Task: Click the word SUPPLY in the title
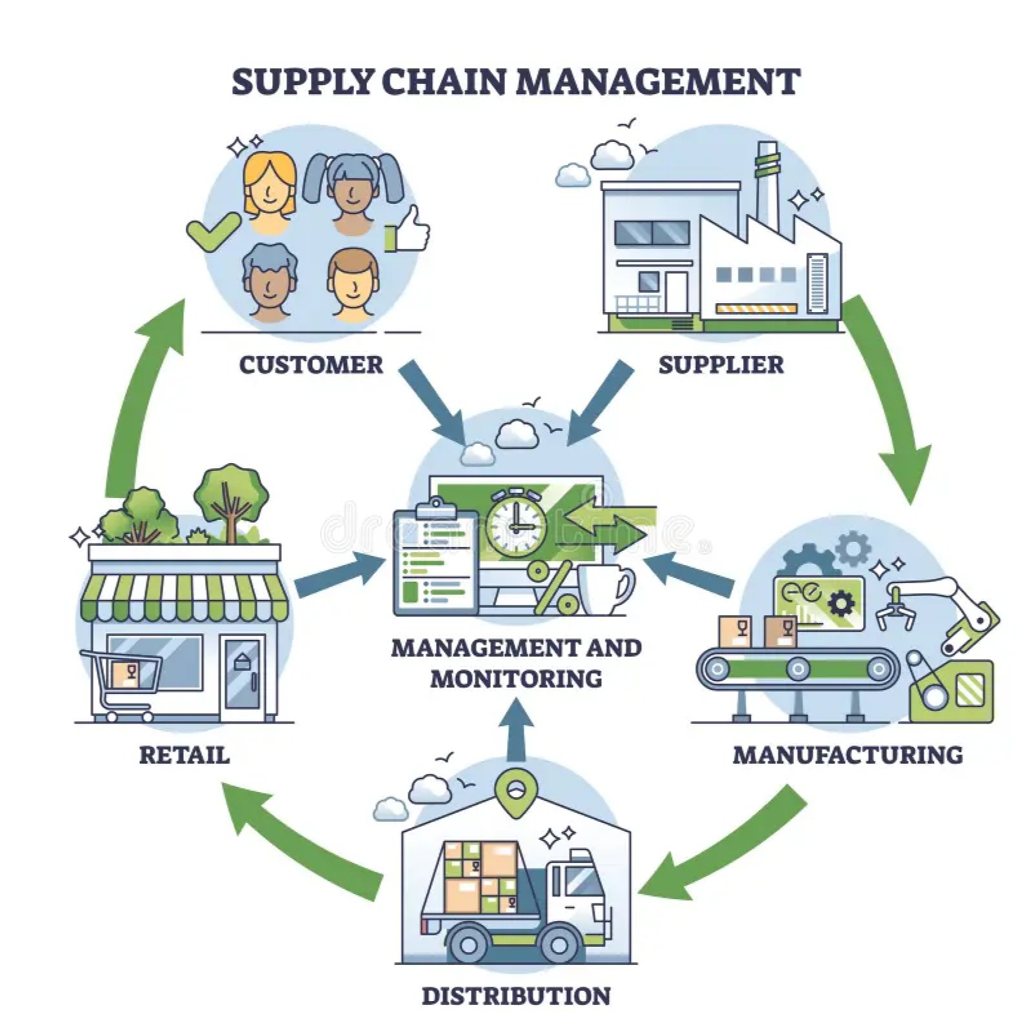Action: click(303, 82)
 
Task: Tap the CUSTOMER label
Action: click(311, 365)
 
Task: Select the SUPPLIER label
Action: click(720, 365)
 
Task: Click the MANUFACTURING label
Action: click(848, 755)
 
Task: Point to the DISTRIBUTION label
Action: click(516, 996)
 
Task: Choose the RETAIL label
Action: click(184, 755)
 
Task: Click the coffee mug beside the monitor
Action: click(604, 589)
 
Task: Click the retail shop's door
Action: click(243, 677)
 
